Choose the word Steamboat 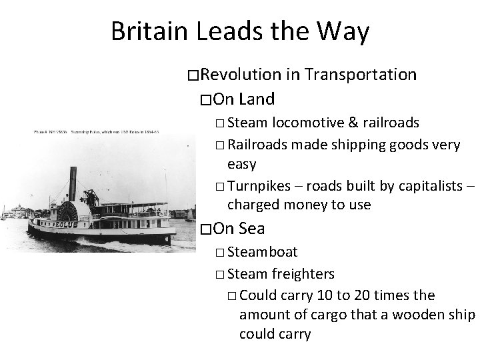(263, 253)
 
